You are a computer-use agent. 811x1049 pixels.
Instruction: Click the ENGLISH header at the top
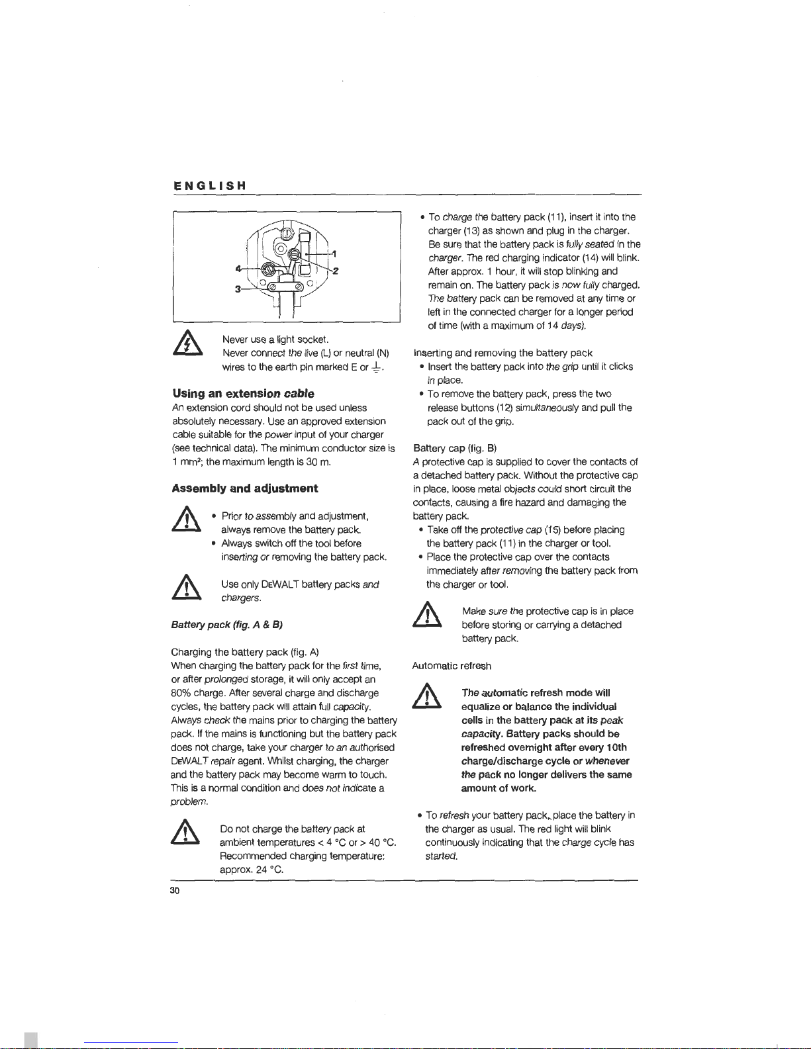tap(210, 186)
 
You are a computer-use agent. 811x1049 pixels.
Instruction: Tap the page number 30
tap(175, 890)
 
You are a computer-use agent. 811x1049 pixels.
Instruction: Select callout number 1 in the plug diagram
tap(335, 254)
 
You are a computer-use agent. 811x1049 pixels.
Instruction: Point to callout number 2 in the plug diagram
tap(336, 270)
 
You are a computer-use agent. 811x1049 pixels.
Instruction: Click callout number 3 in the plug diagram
tap(236, 289)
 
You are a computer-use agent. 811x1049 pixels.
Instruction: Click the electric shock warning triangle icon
tap(187, 345)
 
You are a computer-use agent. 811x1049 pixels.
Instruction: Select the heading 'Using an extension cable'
tap(243, 394)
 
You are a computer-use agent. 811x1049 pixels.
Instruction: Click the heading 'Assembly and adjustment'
tap(244, 488)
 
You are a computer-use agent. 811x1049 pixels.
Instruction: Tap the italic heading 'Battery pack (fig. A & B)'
tap(227, 625)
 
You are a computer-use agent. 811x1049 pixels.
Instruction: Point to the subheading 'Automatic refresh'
tap(452, 666)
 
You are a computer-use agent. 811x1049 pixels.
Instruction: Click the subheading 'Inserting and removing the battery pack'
tap(502, 353)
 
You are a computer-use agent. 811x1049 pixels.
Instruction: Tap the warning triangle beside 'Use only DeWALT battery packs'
tap(187, 589)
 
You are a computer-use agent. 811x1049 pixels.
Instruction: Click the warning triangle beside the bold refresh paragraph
tap(428, 698)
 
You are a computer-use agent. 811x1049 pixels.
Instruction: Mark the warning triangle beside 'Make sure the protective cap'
tap(428, 617)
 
